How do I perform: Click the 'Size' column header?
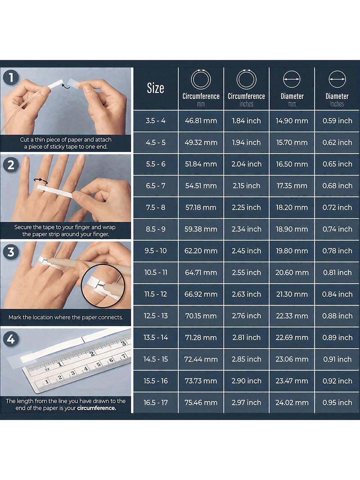pos(155,88)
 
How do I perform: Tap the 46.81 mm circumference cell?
pos(201,121)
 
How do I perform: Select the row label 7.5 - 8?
pos(156,207)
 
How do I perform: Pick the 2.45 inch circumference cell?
pos(246,250)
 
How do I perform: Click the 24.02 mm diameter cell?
pos(292,402)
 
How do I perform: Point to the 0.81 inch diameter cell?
pos(337,272)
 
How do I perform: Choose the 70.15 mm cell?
pos(201,316)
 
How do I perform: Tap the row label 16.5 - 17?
pos(156,402)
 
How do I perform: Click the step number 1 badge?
pos(11,78)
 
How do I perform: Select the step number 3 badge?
pos(11,252)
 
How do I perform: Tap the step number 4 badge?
pos(11,339)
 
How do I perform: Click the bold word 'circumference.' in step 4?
pos(97,408)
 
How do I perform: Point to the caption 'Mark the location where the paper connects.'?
pos(66,317)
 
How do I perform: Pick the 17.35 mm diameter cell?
pos(292,186)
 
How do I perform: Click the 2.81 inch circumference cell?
pos(246,337)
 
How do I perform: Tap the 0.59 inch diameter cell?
pos(337,121)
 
